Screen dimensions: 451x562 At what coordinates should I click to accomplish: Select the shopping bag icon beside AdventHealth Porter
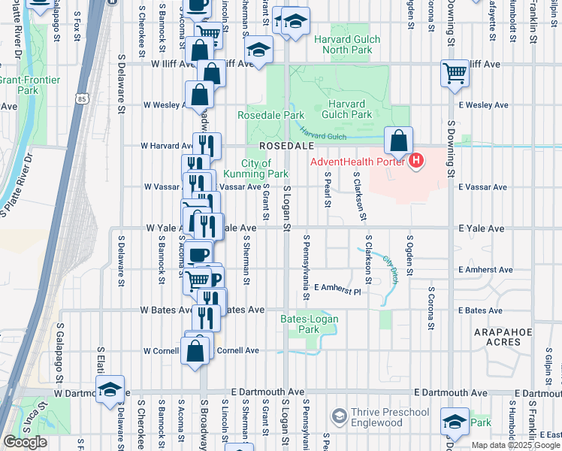point(398,141)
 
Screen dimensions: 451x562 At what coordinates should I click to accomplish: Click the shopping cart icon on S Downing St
point(455,74)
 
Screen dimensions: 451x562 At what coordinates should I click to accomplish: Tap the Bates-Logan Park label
point(310,324)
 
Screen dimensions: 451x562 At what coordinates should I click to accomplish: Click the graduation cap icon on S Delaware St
point(110,389)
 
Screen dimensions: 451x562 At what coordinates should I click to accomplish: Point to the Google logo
point(25,442)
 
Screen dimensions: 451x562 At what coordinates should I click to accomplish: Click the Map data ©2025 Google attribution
point(515,445)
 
